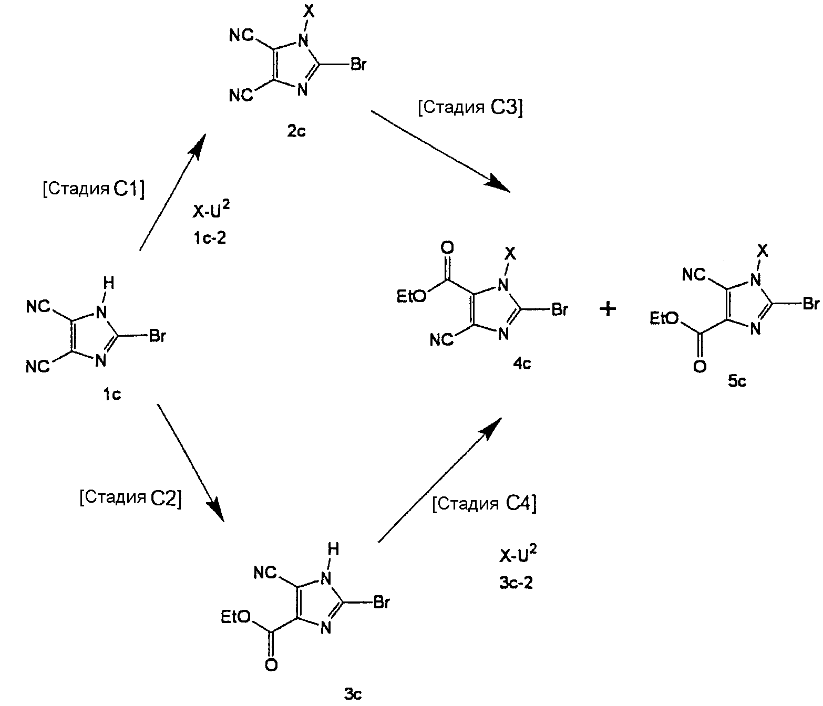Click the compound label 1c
pos(112,394)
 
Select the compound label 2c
pos(296,131)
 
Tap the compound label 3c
pos(353,694)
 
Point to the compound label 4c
pos(521,364)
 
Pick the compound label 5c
pos(737,381)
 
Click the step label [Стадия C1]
pos(94,189)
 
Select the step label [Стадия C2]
pos(130,498)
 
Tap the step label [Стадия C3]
pos(470,108)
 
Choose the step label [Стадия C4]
pos(485,504)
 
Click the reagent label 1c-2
pos(210,238)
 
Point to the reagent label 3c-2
pos(516,583)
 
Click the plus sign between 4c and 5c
pos(608,309)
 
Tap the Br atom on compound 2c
pos(358,64)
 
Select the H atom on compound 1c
pos(109,283)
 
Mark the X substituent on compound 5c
pos(763,251)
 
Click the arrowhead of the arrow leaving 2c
pos(498,184)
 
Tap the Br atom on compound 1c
pos(157,336)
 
